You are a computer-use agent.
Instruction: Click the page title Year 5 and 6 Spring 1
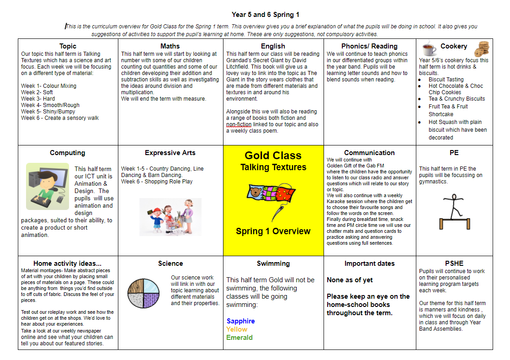266,15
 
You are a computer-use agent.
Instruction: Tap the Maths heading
170,46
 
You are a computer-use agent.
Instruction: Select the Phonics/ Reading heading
369,46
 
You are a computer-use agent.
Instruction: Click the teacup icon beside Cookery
429,48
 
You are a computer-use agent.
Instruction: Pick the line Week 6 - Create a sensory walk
60,118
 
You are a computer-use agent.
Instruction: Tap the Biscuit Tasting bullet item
446,79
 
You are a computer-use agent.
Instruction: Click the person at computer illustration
48,186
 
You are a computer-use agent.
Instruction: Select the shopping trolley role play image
170,216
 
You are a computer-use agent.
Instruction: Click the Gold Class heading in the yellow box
273,156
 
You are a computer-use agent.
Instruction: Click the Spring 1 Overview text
273,231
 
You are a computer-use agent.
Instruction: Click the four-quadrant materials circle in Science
143,293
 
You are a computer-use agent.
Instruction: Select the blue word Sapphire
240,321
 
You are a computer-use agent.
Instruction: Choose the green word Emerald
239,338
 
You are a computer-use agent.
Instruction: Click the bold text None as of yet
350,280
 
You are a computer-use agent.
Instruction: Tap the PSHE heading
454,263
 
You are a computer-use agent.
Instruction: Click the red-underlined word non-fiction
239,124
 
